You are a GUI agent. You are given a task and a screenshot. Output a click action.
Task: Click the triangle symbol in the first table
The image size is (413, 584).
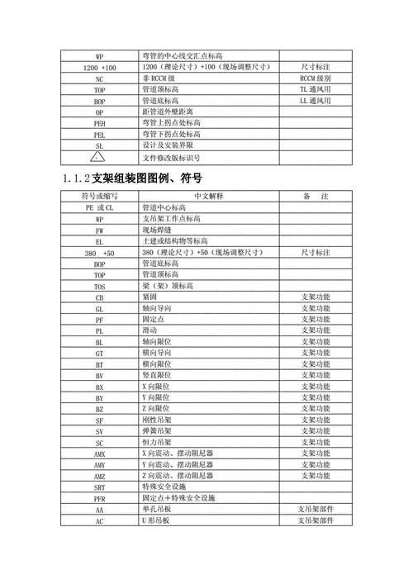(x=99, y=156)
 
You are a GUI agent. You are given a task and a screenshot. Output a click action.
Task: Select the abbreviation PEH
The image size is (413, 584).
(x=99, y=121)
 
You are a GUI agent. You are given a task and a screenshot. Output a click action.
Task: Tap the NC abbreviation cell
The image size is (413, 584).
(x=99, y=77)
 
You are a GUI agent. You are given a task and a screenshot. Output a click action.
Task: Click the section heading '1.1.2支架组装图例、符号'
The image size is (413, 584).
(x=132, y=178)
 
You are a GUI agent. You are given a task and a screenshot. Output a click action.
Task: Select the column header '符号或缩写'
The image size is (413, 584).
(x=99, y=197)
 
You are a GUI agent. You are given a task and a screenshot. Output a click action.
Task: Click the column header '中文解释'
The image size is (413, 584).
(x=208, y=197)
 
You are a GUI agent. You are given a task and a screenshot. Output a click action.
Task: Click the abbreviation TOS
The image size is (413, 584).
(x=99, y=286)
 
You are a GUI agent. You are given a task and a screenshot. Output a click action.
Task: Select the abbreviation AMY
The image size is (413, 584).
(x=99, y=465)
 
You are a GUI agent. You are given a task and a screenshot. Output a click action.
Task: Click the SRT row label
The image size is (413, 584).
(x=99, y=487)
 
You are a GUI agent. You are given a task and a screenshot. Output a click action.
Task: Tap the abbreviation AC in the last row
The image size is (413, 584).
(x=99, y=522)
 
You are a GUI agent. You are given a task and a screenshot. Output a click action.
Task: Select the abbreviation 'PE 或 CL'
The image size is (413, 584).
(x=99, y=207)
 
